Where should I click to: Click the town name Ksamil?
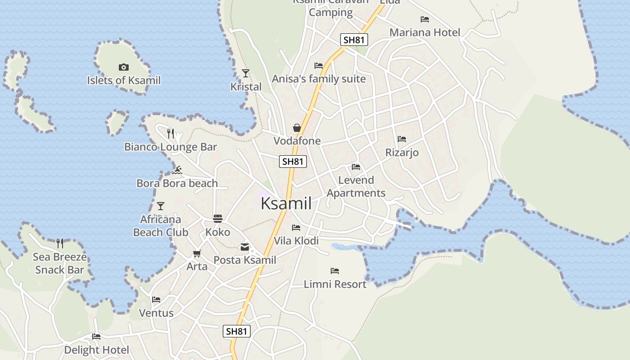(x=286, y=203)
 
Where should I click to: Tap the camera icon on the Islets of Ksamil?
(x=123, y=67)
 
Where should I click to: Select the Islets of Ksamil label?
(x=124, y=81)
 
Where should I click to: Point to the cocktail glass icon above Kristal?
(x=246, y=73)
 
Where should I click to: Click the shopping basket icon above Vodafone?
(x=297, y=128)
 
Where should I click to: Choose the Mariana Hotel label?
(x=425, y=32)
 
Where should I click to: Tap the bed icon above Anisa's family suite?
(x=319, y=66)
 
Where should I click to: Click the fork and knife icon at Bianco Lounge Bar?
(x=171, y=133)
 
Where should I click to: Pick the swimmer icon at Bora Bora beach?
(x=177, y=170)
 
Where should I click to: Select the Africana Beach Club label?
(x=161, y=226)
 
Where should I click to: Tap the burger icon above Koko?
(x=218, y=219)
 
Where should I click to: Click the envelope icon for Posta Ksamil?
(x=245, y=247)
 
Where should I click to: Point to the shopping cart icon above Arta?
(x=197, y=254)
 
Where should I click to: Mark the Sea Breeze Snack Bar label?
(x=60, y=263)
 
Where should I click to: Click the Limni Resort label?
(x=335, y=284)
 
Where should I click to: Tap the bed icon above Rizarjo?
(x=402, y=139)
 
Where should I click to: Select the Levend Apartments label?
(x=356, y=186)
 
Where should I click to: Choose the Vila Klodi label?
(x=296, y=241)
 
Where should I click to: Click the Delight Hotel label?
(x=96, y=350)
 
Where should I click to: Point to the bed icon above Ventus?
(x=156, y=300)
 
